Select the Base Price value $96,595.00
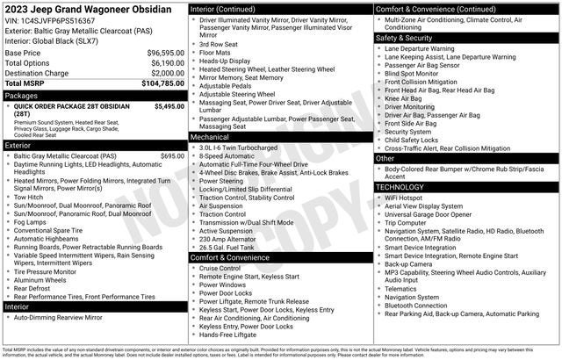click(x=163, y=53)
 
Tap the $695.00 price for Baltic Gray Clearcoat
click(x=172, y=156)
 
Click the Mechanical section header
click(x=212, y=137)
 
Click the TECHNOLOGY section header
click(x=405, y=187)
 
